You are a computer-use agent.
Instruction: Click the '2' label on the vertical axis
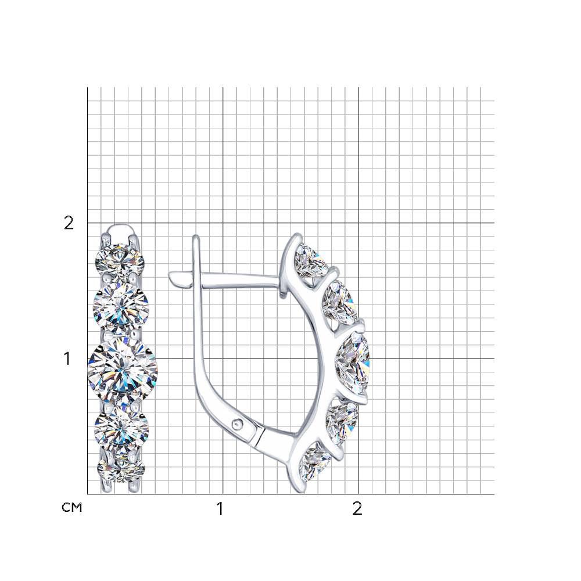click(69, 223)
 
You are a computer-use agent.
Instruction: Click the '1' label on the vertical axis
click(67, 358)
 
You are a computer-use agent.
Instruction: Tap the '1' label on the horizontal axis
click(220, 509)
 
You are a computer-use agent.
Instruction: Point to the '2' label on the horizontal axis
click(357, 509)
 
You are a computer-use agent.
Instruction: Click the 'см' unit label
click(71, 507)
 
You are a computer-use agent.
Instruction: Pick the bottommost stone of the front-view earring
click(121, 468)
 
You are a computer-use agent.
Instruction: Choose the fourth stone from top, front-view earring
click(121, 425)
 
